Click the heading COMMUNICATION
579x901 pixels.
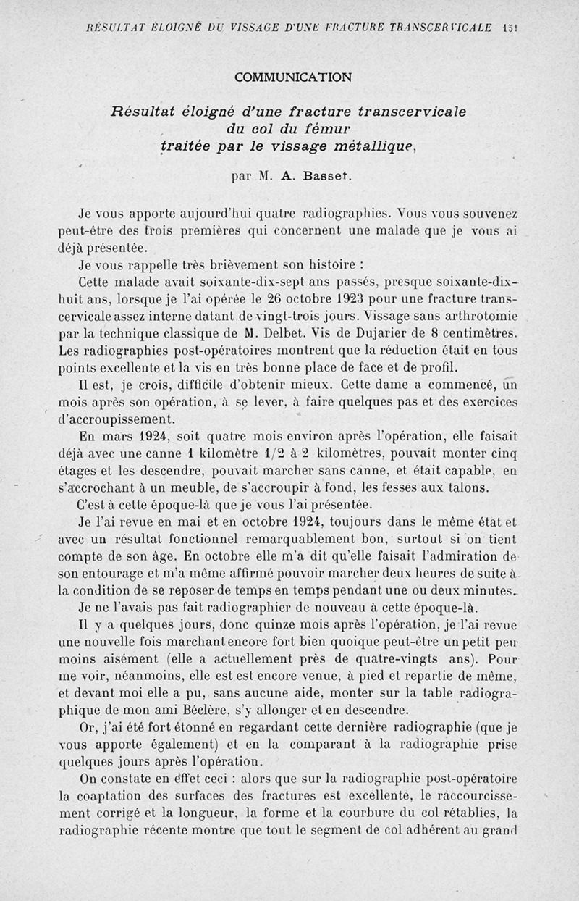pos(293,76)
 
